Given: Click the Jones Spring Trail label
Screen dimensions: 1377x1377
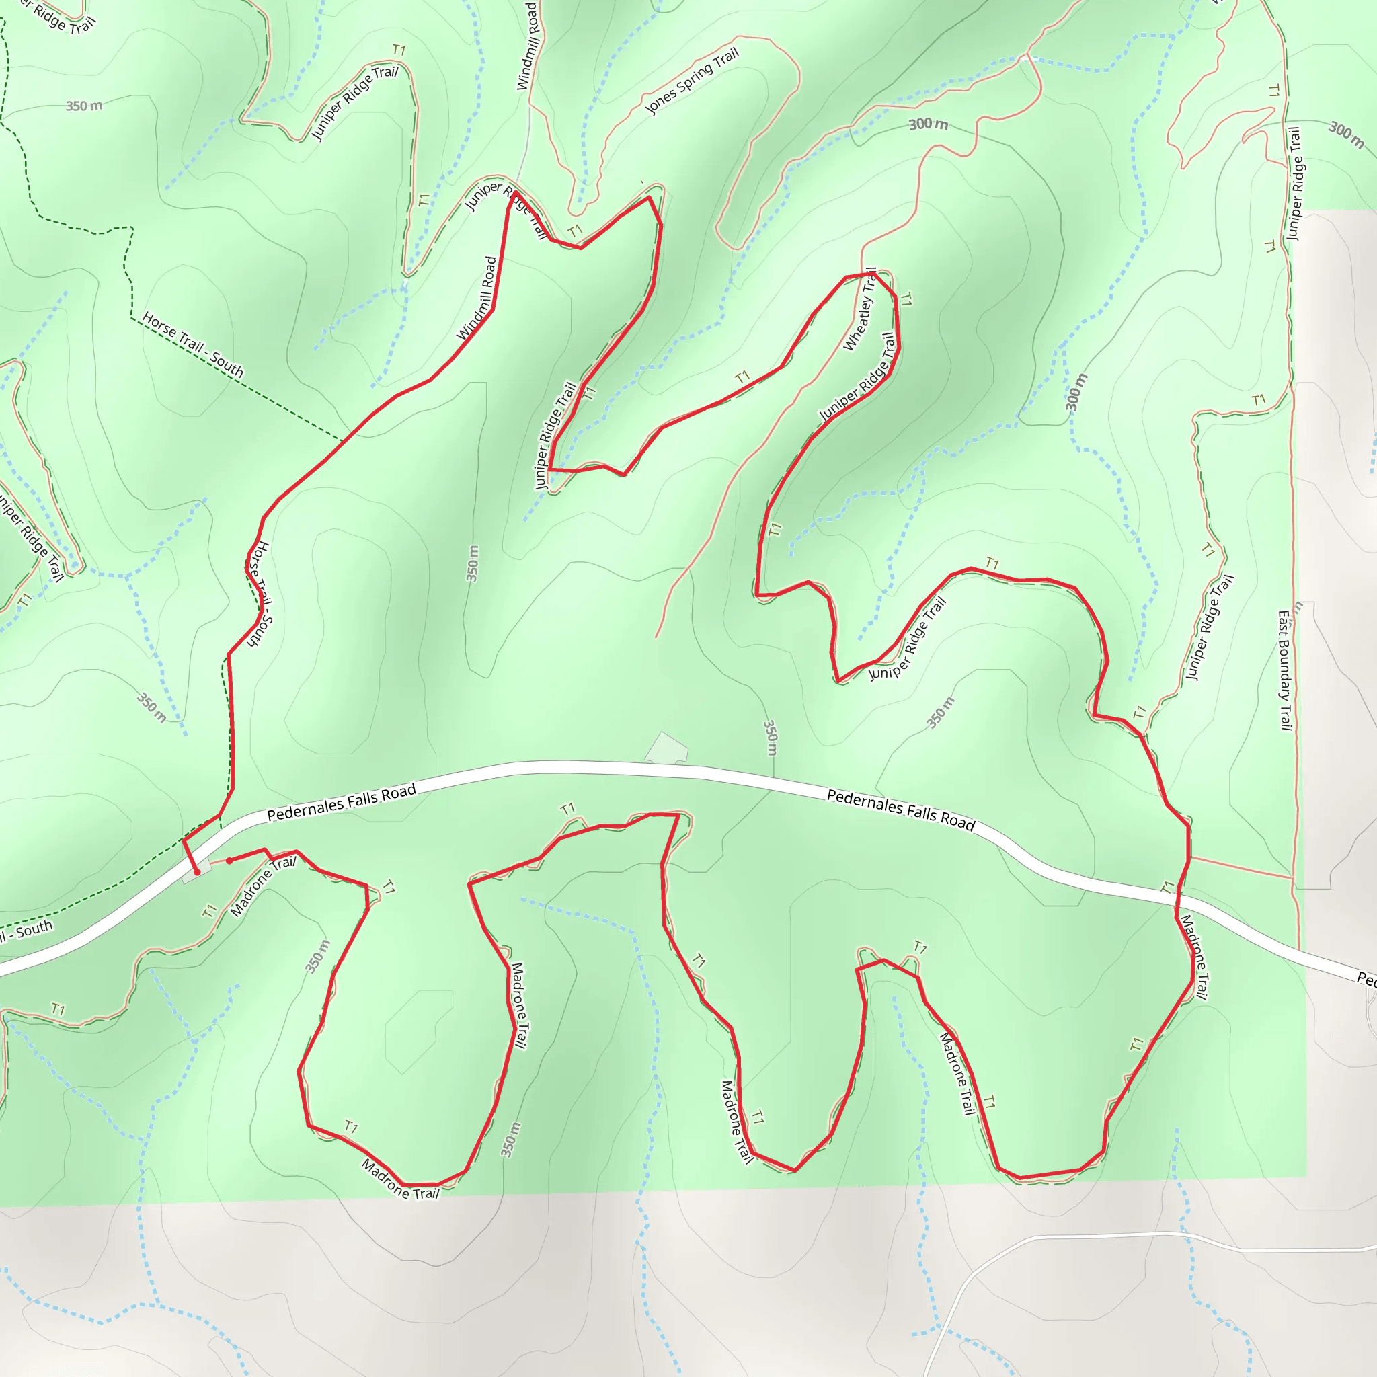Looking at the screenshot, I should click(691, 81).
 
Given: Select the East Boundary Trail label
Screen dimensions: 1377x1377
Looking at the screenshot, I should click(1284, 670).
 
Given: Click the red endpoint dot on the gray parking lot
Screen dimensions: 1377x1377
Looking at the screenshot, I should click(198, 871).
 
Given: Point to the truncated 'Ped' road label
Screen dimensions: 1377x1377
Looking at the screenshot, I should click(1366, 978).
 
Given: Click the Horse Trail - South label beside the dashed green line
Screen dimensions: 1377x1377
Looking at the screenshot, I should click(192, 344).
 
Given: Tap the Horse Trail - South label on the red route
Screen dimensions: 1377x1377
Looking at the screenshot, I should click(258, 594).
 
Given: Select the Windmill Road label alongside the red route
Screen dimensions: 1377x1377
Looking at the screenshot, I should click(477, 299).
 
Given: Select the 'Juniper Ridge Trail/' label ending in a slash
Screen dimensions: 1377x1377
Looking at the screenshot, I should click(354, 103).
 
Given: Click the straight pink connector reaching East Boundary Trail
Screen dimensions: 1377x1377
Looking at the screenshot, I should click(1240, 867).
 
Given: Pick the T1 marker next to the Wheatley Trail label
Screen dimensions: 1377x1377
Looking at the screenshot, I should click(905, 299).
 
